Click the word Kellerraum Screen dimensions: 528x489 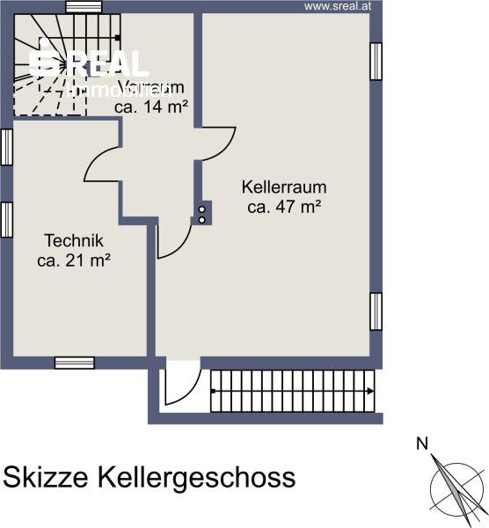284,187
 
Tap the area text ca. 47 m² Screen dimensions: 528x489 284,208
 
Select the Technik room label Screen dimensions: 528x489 75,240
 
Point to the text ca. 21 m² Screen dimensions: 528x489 75,260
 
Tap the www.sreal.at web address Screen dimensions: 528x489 341,6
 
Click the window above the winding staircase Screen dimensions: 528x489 84,7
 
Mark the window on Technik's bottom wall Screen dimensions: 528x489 74,362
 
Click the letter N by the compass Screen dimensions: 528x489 422,444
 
